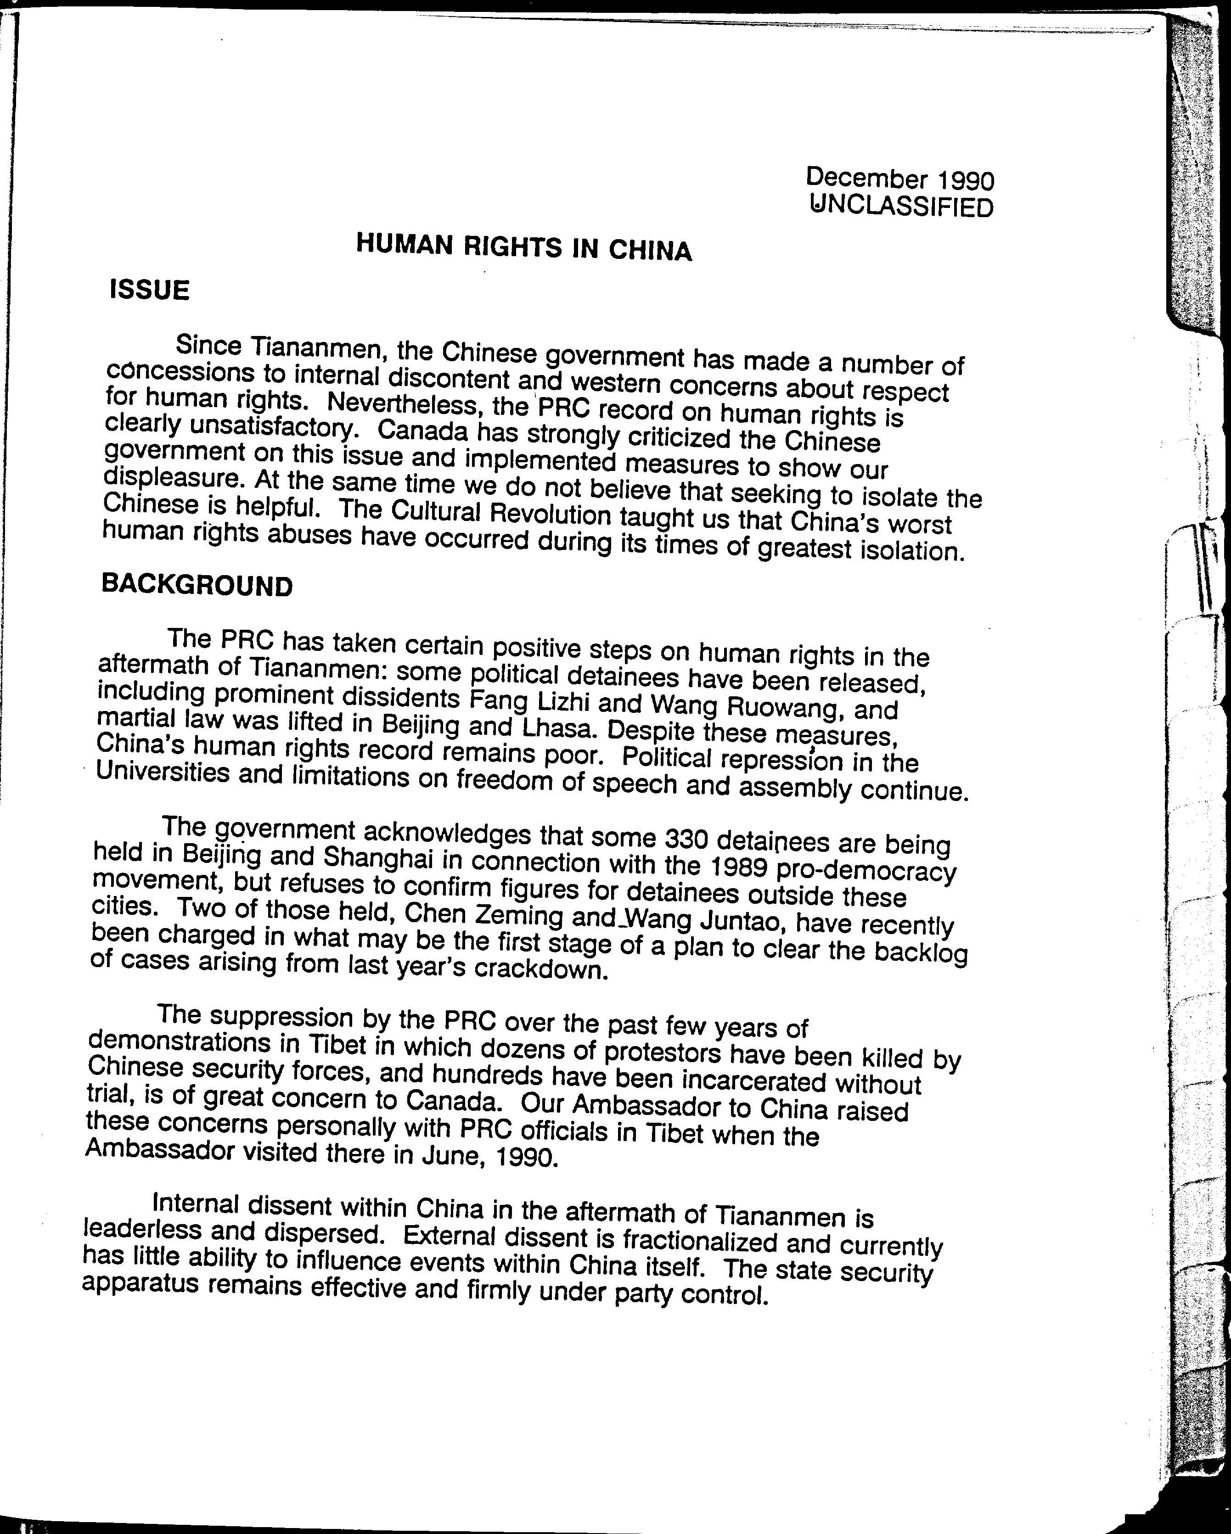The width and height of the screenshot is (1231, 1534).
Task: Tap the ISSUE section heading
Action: tap(149, 290)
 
